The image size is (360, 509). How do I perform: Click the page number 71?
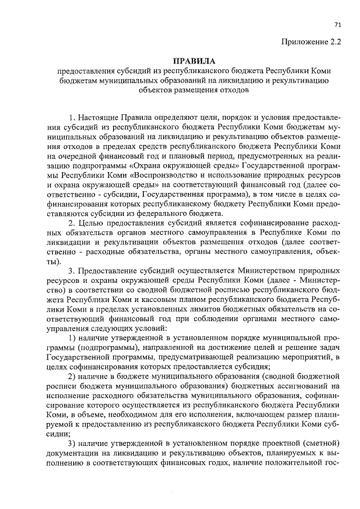(337, 24)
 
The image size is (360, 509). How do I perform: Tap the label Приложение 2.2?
(315, 41)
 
